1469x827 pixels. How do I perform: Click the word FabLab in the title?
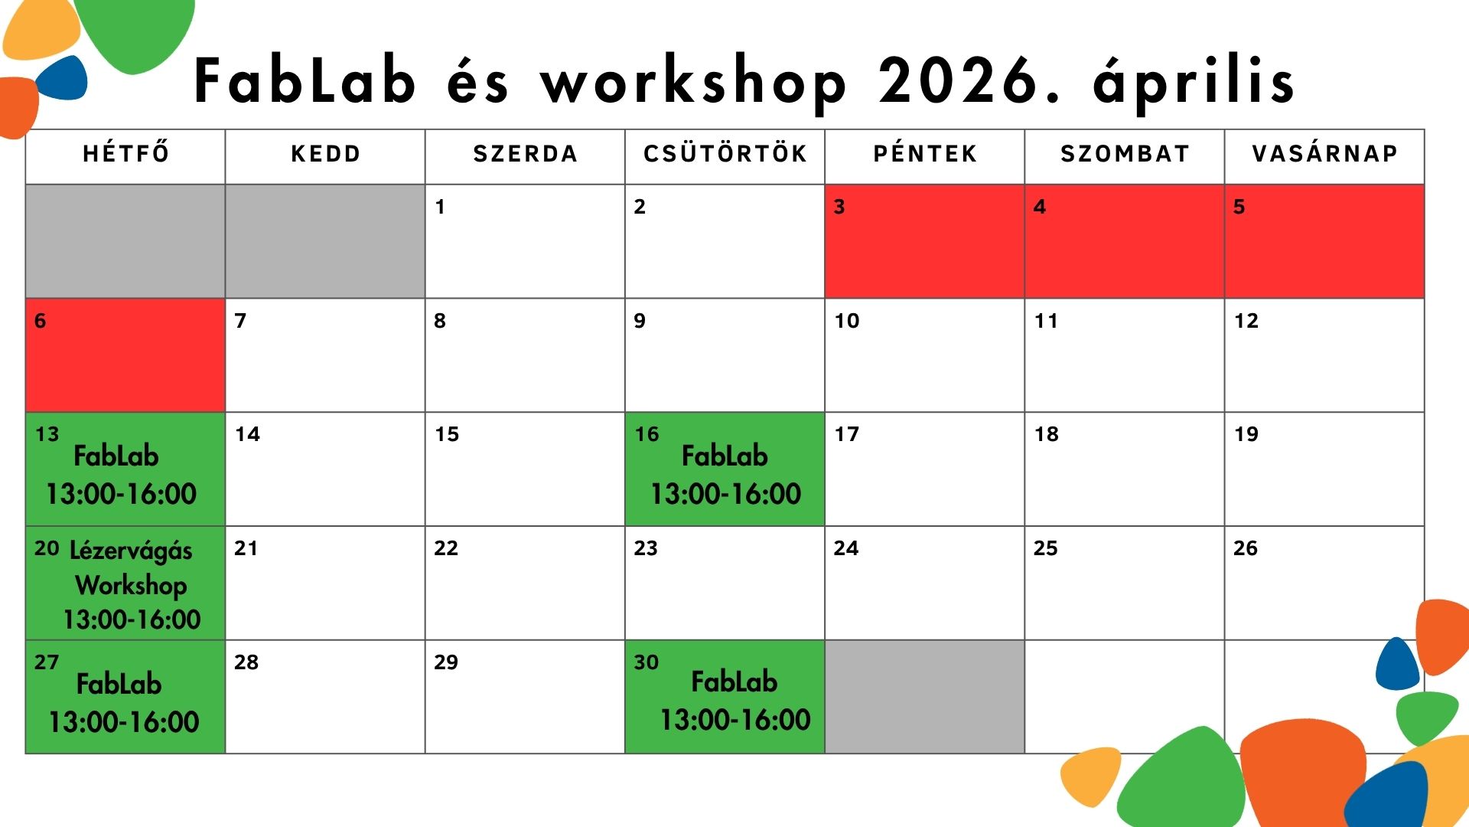[305, 80]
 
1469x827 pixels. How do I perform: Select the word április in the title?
[1194, 83]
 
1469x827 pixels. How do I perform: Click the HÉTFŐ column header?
[126, 153]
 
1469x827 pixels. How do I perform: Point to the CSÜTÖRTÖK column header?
[725, 153]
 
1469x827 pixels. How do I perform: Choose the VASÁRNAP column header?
[1325, 153]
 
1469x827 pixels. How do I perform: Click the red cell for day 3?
[924, 241]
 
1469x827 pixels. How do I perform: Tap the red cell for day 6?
[125, 355]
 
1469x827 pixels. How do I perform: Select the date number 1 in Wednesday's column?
[440, 207]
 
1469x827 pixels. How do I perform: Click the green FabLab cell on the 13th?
[125, 469]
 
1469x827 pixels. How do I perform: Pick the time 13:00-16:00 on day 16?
[725, 494]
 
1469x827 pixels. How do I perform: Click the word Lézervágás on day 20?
[131, 551]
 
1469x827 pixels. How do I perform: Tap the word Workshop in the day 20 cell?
[131, 586]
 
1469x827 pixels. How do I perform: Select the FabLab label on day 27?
[119, 684]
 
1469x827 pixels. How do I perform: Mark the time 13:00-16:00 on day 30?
[735, 720]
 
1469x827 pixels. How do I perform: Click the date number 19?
[1246, 434]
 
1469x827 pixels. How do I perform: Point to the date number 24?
[846, 548]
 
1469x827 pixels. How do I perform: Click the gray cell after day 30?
[924, 697]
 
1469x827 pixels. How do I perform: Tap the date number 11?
[1046, 321]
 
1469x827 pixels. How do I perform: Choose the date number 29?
[446, 662]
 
